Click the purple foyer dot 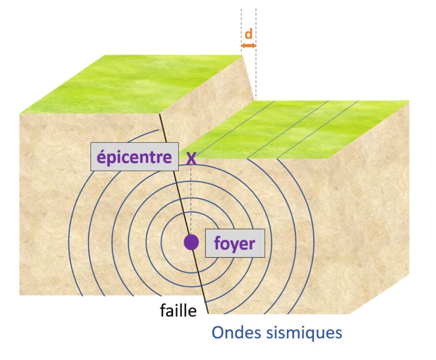pyautogui.click(x=191, y=242)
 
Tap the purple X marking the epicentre pyautogui.click(x=191, y=158)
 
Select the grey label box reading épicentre pyautogui.click(x=135, y=157)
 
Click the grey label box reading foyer pyautogui.click(x=235, y=243)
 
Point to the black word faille pyautogui.click(x=178, y=310)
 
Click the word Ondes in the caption pyautogui.click(x=236, y=332)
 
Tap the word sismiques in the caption pyautogui.click(x=304, y=333)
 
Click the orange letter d pyautogui.click(x=248, y=34)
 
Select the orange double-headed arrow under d pyautogui.click(x=248, y=45)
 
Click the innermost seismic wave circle pyautogui.click(x=161, y=242)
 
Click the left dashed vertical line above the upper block pyautogui.click(x=241, y=30)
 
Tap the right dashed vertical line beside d pyautogui.click(x=256, y=54)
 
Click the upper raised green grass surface pyautogui.click(x=131, y=84)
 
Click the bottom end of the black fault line pyautogui.click(x=208, y=313)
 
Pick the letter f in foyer pyautogui.click(x=218, y=243)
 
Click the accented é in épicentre pyautogui.click(x=102, y=157)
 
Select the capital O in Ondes pyautogui.click(x=218, y=333)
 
